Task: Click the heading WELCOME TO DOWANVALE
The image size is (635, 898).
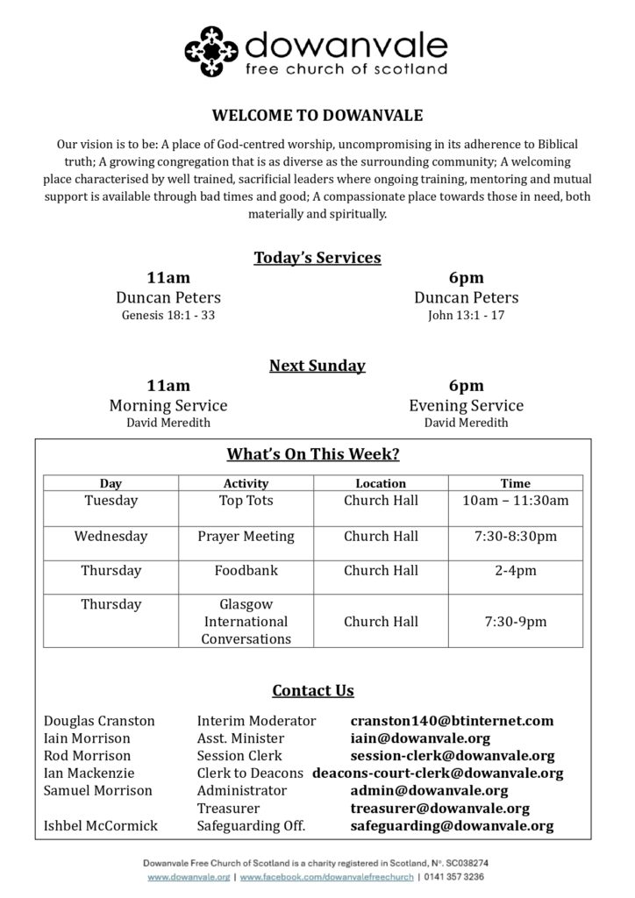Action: coord(317,115)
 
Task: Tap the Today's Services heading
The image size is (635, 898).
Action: coord(317,257)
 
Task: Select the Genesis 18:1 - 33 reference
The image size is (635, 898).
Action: coord(168,315)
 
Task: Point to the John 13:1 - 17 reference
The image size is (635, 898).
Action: coord(466,315)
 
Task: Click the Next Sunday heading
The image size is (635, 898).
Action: coord(317,365)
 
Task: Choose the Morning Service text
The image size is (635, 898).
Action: coord(168,405)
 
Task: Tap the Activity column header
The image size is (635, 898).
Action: coord(246,483)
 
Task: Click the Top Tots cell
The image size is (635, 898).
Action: coord(246,501)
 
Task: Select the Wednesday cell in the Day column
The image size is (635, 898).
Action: coord(111,536)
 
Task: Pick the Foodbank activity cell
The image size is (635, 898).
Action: coord(246,570)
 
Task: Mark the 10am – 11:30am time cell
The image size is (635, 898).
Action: coord(515,501)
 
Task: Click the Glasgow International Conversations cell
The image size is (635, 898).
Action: coord(246,622)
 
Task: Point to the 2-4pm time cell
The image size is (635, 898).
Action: coord(515,570)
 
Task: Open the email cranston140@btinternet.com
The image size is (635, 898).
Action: coord(452,721)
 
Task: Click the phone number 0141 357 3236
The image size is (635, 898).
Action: coord(454,876)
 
